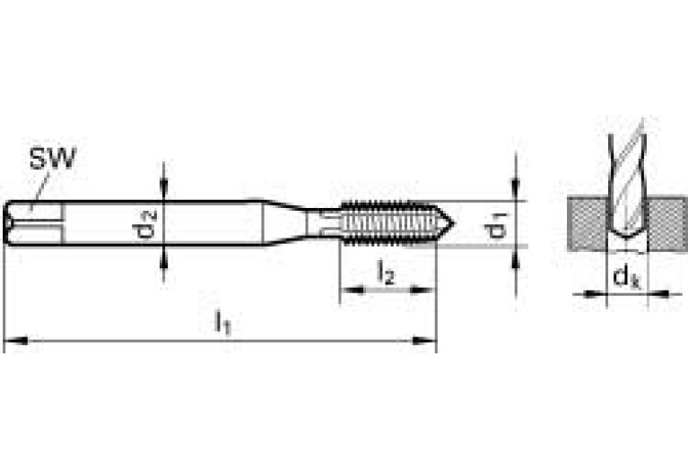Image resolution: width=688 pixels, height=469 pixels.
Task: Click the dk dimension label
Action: (625, 278)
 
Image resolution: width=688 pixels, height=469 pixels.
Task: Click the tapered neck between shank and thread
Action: (285, 221)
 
